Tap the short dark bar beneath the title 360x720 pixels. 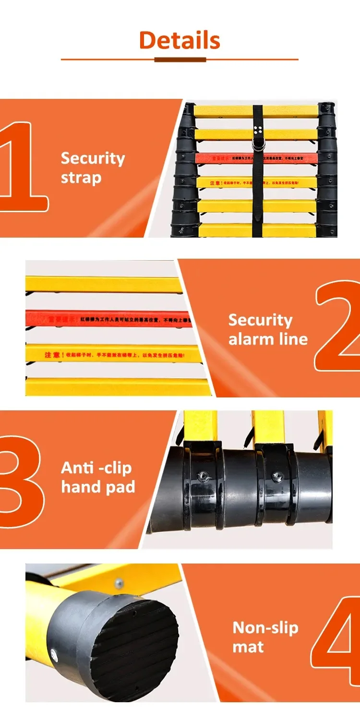(x=180, y=60)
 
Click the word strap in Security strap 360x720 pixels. (x=81, y=178)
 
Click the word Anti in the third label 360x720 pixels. (x=77, y=468)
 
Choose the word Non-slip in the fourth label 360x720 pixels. (x=265, y=627)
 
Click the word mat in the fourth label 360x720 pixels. (x=248, y=647)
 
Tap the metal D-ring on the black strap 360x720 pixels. (x=258, y=144)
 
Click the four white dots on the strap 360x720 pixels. (x=258, y=129)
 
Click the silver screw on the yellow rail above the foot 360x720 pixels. (x=118, y=583)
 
